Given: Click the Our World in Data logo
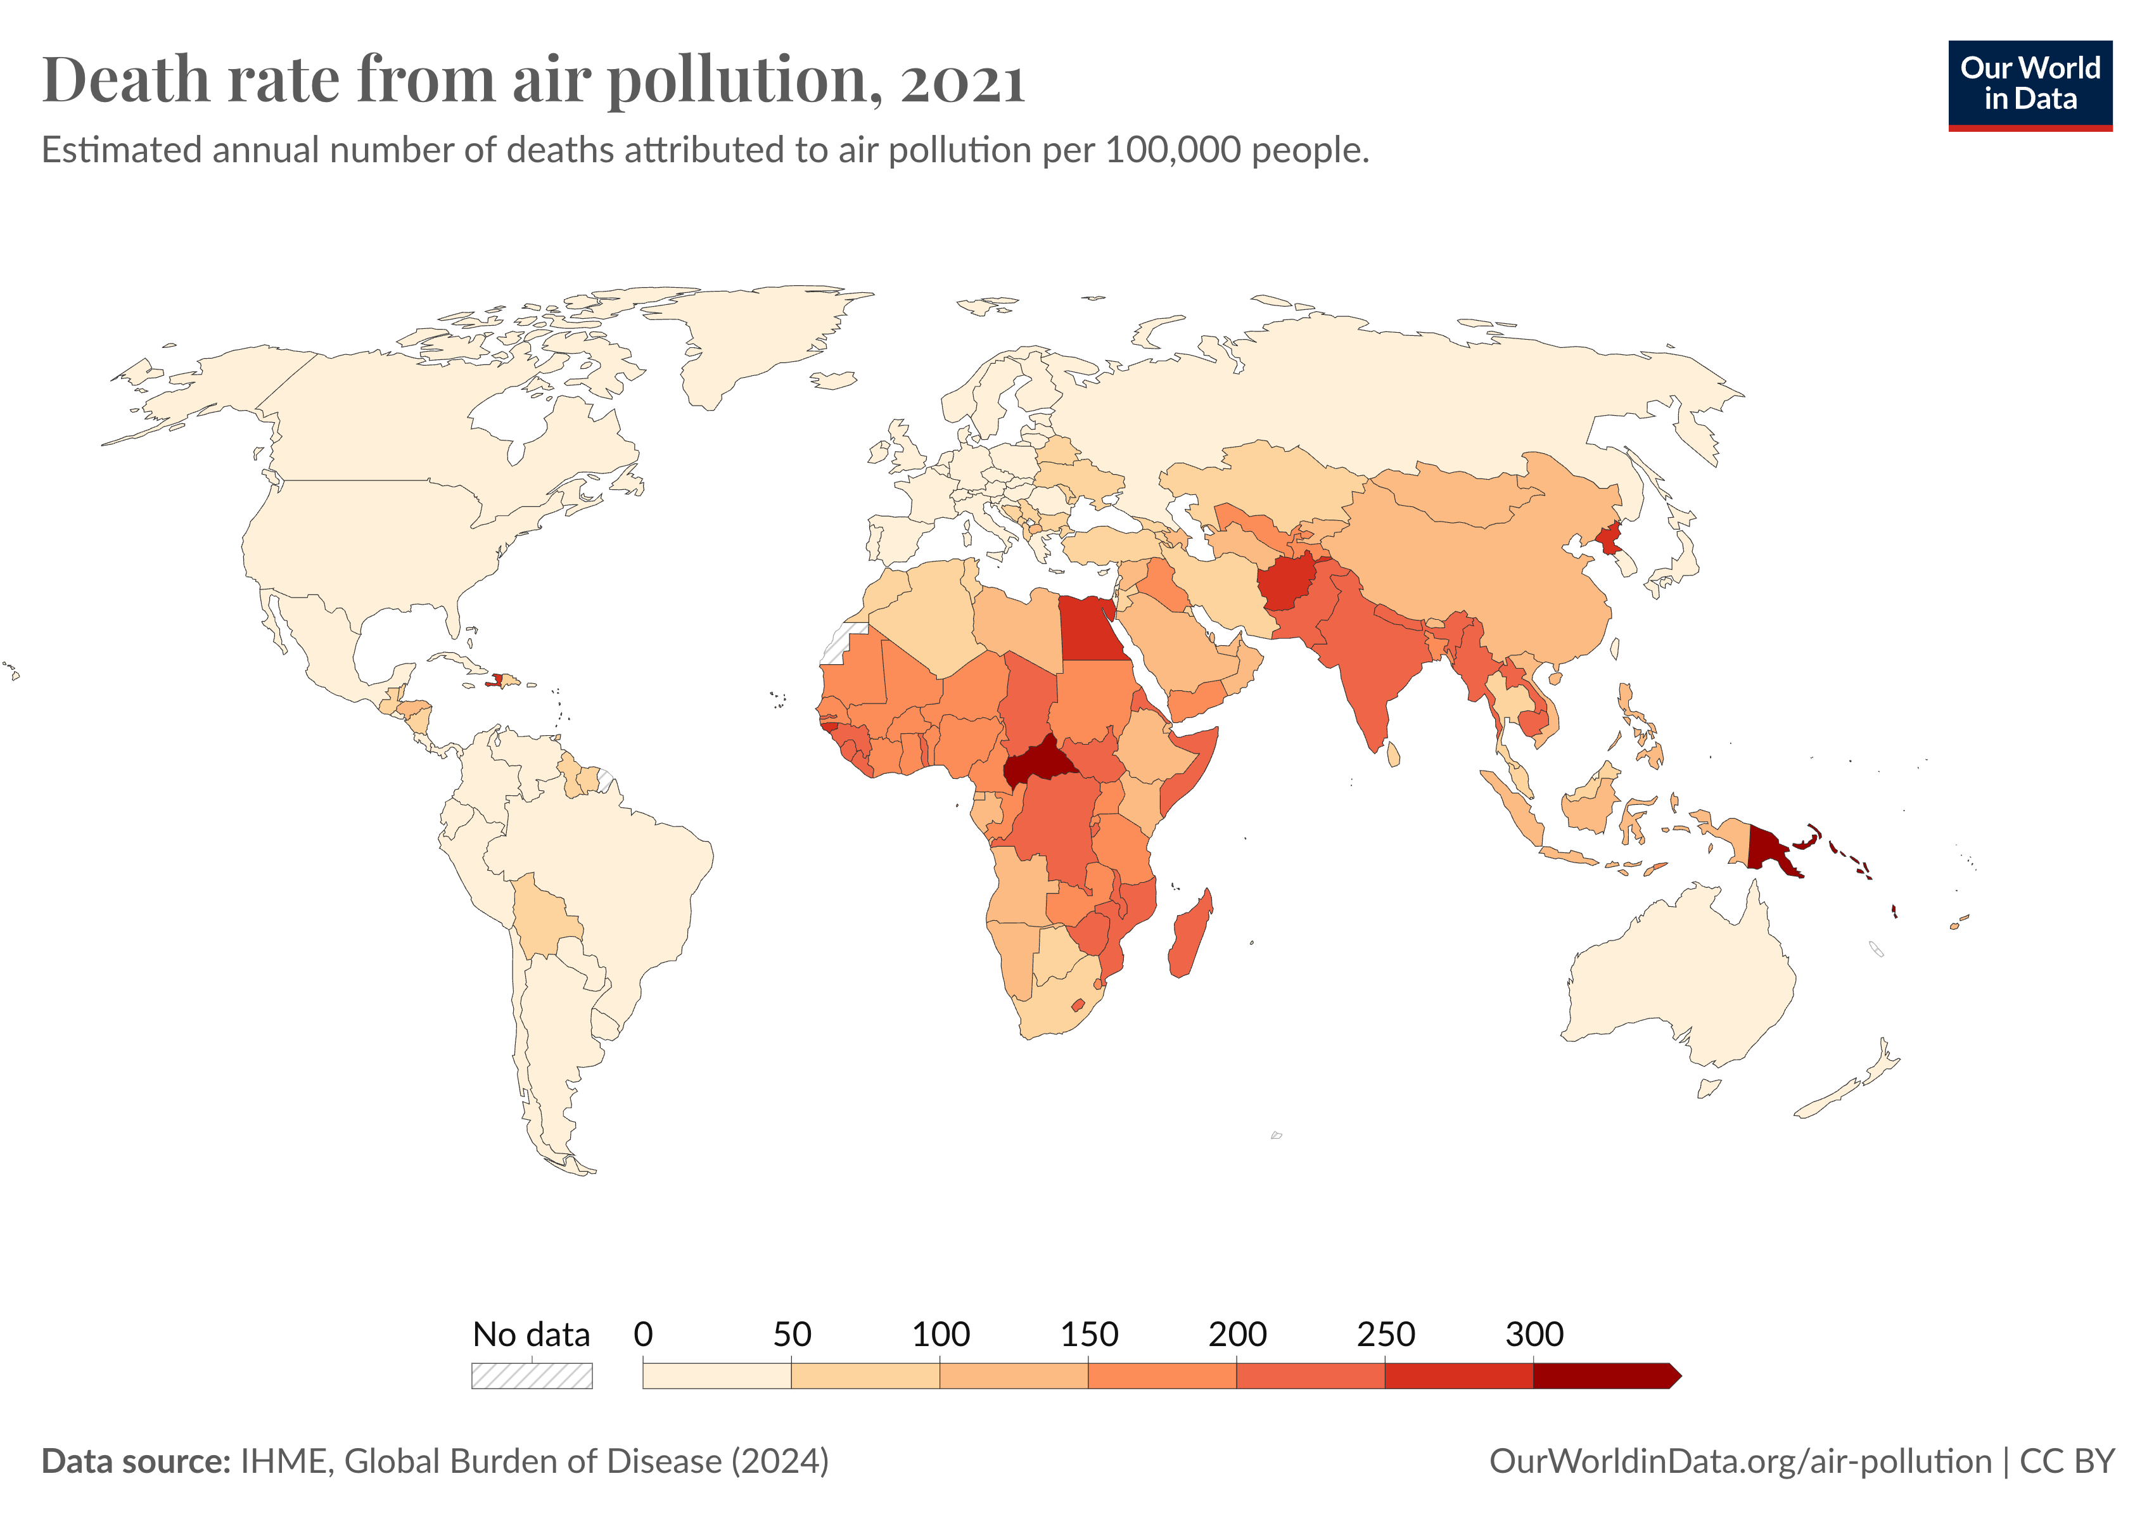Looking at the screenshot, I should pos(2029,84).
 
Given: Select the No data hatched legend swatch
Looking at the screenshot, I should pos(531,1376).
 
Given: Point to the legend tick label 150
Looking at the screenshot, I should pos(1088,1334).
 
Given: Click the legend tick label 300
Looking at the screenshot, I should pos(1533,1334).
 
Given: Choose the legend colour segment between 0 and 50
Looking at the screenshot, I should pos(717,1376).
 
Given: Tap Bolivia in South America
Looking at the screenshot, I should pos(544,915).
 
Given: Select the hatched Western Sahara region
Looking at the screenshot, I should pos(838,645).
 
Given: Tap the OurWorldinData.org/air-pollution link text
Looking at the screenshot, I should pos(1740,1461).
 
